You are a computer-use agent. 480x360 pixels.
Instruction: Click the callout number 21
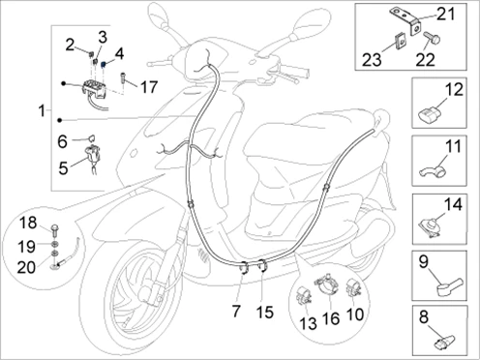pyautogui.click(x=445, y=15)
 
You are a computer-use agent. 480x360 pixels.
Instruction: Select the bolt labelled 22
pyautogui.click(x=432, y=38)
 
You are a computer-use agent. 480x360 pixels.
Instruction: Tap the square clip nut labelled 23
pyautogui.click(x=401, y=41)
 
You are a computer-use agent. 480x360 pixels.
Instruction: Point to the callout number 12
pyautogui.click(x=455, y=89)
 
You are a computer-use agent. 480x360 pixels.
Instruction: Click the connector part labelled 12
pyautogui.click(x=428, y=116)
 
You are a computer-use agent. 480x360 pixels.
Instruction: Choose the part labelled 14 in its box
pyautogui.click(x=430, y=226)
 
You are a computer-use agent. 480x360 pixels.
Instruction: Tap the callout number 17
pyautogui.click(x=149, y=87)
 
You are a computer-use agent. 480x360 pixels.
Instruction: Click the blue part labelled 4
pyautogui.click(x=104, y=65)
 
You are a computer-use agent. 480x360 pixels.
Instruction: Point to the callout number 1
pyautogui.click(x=42, y=111)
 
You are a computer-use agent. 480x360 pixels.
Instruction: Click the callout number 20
pyautogui.click(x=26, y=267)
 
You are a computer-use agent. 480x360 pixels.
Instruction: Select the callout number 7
pyautogui.click(x=236, y=312)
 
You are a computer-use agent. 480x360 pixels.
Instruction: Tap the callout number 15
pyautogui.click(x=265, y=313)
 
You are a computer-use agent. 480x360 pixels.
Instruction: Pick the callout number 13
pyautogui.click(x=309, y=323)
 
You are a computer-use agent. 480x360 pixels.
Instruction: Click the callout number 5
pyautogui.click(x=63, y=168)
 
